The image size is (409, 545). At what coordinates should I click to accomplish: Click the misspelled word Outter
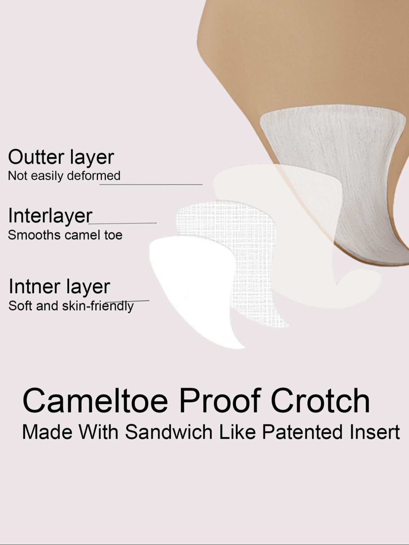[36, 157]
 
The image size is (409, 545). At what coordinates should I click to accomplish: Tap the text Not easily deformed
[64, 176]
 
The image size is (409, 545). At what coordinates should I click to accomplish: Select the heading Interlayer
[50, 216]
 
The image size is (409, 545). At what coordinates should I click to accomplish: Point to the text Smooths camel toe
[65, 235]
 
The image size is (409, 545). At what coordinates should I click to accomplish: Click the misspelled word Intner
[34, 286]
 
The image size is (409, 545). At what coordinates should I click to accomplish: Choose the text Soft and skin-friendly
[71, 306]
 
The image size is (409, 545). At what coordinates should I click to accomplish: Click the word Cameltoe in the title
[95, 401]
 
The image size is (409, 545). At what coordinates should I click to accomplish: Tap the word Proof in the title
[220, 401]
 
